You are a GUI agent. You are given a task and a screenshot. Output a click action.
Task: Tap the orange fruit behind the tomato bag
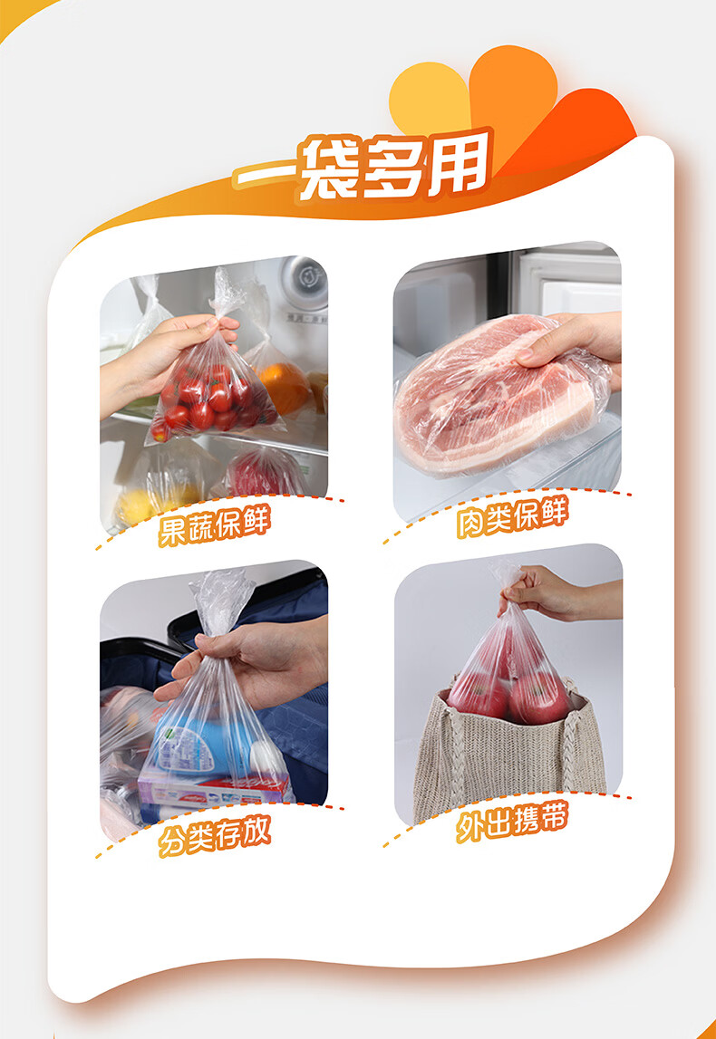285,387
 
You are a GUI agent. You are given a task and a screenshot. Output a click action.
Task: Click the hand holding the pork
571,345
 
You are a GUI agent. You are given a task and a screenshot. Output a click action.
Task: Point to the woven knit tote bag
508,761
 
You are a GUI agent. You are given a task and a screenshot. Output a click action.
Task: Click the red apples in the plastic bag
508,693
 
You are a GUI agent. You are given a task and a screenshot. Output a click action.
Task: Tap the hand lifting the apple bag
553,593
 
